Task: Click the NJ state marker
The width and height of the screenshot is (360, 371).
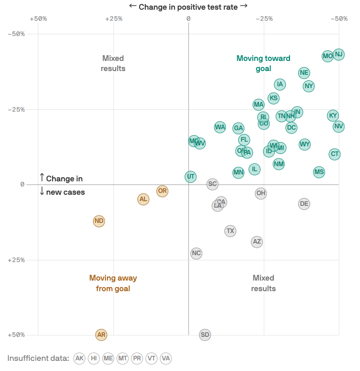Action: (x=339, y=54)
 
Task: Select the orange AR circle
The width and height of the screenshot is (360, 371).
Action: (x=101, y=335)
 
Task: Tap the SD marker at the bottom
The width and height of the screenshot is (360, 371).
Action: (x=205, y=335)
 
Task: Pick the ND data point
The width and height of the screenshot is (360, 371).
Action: (x=99, y=221)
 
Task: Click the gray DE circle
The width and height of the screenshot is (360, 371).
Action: (x=304, y=203)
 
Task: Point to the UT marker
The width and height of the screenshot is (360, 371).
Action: (x=191, y=176)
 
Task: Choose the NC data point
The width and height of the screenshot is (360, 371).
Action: (x=196, y=253)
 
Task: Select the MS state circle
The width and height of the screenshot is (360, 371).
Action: (x=319, y=172)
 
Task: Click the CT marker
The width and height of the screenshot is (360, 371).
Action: (x=335, y=154)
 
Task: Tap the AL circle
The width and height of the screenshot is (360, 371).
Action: (x=143, y=199)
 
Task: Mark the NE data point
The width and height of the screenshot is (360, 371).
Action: (x=304, y=72)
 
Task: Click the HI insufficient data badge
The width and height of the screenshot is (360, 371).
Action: (x=94, y=358)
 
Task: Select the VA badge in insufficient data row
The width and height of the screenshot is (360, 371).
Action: (x=165, y=358)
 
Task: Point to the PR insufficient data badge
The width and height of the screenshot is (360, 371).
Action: (x=137, y=358)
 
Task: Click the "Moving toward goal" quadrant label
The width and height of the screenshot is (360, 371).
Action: (x=263, y=63)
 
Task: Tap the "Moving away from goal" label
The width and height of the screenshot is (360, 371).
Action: (x=113, y=283)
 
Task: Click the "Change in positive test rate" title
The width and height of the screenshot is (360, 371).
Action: (x=188, y=6)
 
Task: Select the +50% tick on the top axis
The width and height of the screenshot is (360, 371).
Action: (x=38, y=18)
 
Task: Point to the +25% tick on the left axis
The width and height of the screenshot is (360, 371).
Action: (x=16, y=260)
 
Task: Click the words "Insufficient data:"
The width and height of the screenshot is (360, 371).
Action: (x=38, y=358)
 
